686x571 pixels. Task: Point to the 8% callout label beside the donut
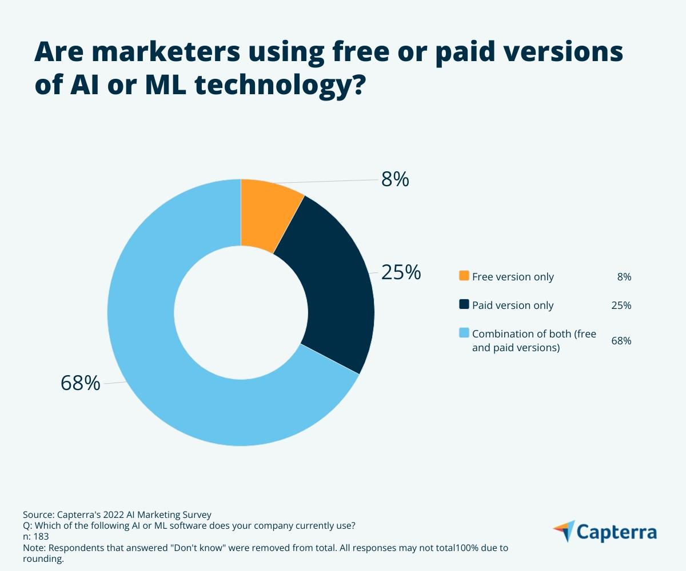coord(395,179)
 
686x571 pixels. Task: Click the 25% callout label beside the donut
coord(401,272)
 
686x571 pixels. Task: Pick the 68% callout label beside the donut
coord(81,383)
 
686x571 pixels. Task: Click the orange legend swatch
coord(464,276)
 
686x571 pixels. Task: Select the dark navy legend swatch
coord(464,304)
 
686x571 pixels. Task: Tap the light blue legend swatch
coord(464,333)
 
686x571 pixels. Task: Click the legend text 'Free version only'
coord(513,277)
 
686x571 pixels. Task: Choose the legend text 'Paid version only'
coord(513,305)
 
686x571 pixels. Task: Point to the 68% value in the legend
coord(621,341)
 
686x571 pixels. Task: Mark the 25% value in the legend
coord(621,305)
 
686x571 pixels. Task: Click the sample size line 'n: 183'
coord(35,536)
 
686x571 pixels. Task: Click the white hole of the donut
coord(241,312)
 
